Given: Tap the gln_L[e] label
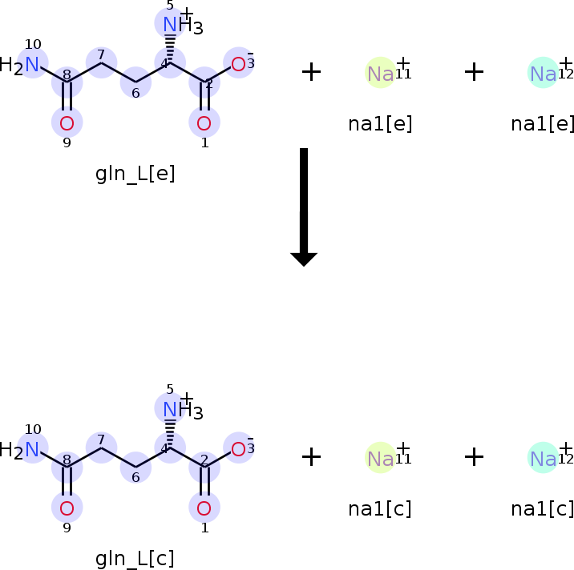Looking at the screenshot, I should click(x=135, y=174).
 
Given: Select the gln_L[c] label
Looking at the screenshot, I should click(x=135, y=558).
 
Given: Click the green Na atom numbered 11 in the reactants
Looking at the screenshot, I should click(x=380, y=73).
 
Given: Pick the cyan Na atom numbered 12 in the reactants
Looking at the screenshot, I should click(x=543, y=73).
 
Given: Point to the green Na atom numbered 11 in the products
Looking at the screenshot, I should click(x=380, y=458).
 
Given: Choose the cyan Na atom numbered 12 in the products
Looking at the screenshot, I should click(x=543, y=458).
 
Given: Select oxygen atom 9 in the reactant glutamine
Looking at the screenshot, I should click(x=67, y=122).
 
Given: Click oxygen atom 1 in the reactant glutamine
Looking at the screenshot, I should click(x=204, y=122).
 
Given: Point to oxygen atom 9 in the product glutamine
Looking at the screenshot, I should click(x=67, y=508).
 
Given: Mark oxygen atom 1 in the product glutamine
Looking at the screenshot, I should click(x=204, y=508).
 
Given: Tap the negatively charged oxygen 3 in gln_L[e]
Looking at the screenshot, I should click(x=238, y=64).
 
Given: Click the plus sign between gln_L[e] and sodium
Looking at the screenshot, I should click(x=311, y=72).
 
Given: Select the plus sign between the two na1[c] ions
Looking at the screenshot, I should click(x=474, y=457).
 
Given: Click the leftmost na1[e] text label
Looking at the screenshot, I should click(x=380, y=124).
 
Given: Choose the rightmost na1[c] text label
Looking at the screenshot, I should click(x=543, y=508).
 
